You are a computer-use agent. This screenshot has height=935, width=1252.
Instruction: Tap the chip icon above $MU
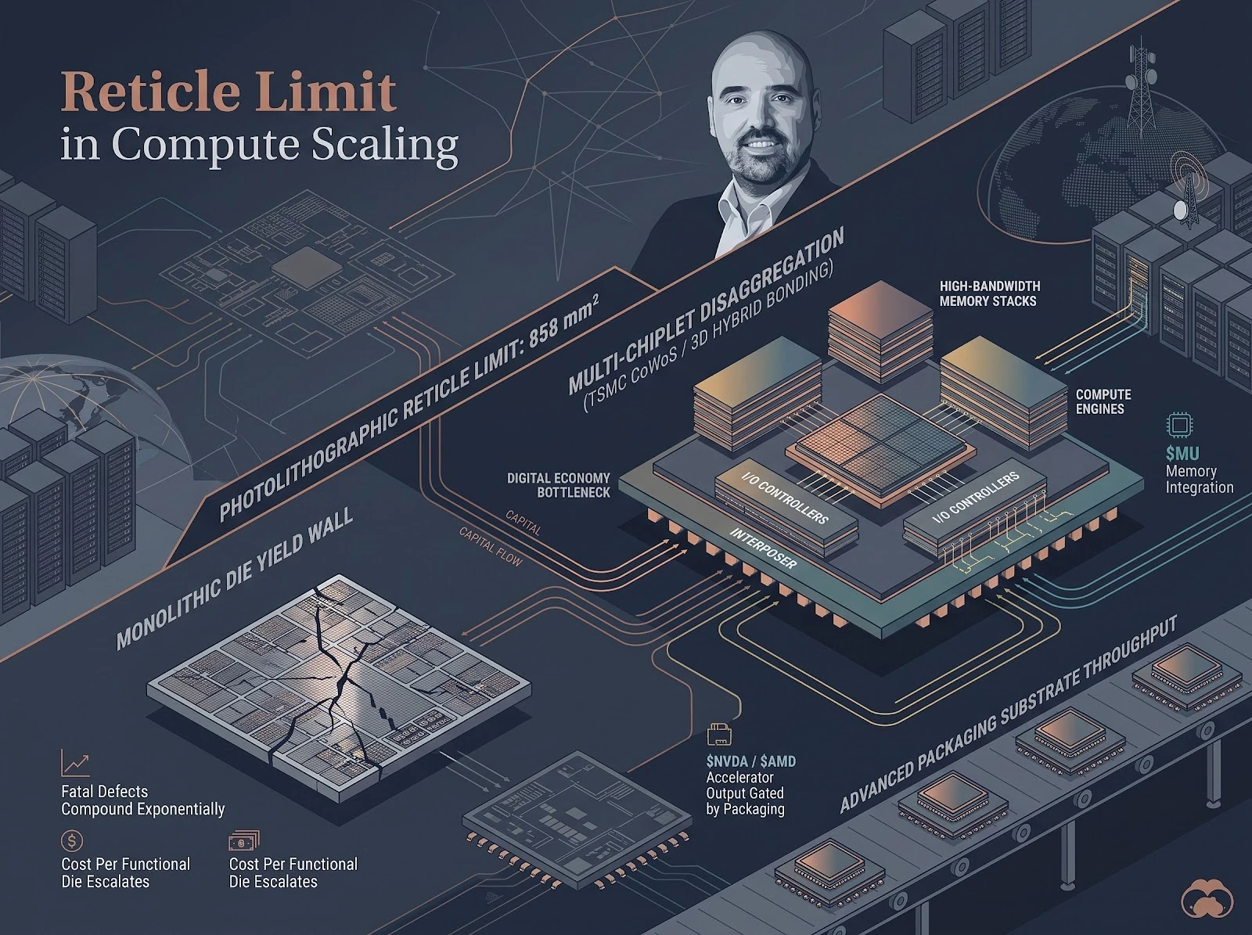(1180, 426)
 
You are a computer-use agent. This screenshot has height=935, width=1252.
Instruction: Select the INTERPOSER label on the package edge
(763, 548)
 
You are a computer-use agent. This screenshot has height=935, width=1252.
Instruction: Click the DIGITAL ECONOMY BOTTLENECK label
(558, 484)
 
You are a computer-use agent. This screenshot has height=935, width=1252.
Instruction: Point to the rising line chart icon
(75, 764)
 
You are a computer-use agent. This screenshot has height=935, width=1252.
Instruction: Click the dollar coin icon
(72, 840)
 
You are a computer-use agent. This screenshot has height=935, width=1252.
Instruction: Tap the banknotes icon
(244, 840)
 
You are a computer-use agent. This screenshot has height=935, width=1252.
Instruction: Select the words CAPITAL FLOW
(491, 547)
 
